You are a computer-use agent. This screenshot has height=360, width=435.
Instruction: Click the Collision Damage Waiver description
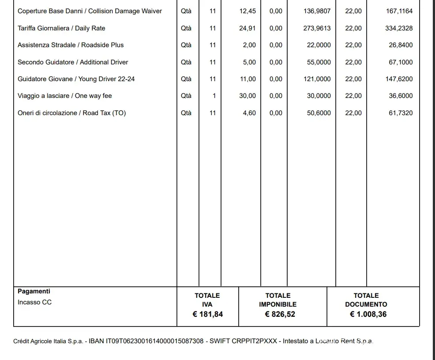(x=90, y=11)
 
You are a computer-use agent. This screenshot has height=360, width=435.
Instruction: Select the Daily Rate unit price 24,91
(x=247, y=28)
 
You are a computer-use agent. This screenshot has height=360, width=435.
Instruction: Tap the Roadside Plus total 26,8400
(x=401, y=45)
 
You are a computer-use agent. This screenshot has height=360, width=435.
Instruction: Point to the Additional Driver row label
(x=73, y=62)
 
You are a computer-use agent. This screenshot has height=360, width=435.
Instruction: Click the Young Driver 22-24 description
(x=76, y=79)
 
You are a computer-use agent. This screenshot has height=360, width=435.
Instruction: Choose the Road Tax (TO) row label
(x=71, y=113)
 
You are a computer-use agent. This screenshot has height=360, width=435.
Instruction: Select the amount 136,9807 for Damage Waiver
(x=317, y=11)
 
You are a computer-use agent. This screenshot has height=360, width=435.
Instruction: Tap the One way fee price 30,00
(x=247, y=96)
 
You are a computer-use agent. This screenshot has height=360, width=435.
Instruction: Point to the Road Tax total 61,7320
(x=401, y=113)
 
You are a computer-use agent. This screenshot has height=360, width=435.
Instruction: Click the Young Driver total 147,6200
(x=401, y=79)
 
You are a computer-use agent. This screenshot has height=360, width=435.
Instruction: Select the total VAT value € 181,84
(x=207, y=315)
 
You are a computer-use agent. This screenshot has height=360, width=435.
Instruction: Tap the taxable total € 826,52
(x=280, y=315)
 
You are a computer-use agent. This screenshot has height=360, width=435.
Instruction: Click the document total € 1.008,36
(x=368, y=315)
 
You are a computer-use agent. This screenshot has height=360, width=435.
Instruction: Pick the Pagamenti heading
(x=34, y=291)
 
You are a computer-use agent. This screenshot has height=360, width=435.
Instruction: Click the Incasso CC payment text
(x=34, y=302)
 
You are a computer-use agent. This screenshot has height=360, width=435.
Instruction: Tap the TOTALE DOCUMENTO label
(x=366, y=300)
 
